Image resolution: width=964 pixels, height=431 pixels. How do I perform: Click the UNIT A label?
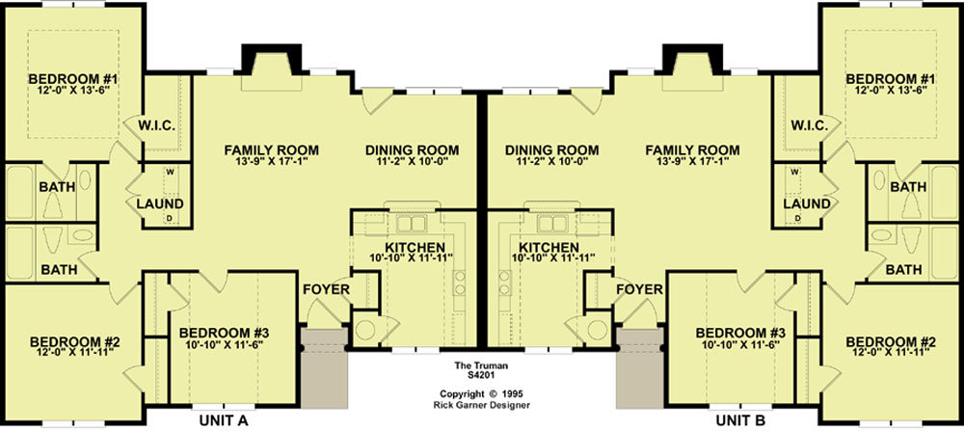point(224,420)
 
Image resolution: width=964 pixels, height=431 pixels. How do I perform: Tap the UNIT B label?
point(740,420)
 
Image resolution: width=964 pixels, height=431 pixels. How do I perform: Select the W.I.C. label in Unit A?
point(157,126)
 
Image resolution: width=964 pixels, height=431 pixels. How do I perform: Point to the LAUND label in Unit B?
point(807,203)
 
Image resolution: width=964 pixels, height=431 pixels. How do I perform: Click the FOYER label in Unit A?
point(327,289)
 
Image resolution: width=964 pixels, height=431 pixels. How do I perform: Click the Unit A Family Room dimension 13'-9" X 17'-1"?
point(271,161)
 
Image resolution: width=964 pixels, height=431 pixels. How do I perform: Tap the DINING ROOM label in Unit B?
point(551,150)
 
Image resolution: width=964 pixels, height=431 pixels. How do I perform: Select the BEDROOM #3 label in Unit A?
point(225,333)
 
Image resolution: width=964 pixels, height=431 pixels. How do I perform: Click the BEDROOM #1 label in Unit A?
point(73,79)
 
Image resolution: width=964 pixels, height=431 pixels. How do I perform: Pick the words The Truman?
point(472,365)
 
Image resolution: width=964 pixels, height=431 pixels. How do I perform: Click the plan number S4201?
point(472,374)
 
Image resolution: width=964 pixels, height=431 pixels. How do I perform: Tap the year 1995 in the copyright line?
point(515,393)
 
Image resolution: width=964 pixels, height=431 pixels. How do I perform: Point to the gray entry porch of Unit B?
point(640,367)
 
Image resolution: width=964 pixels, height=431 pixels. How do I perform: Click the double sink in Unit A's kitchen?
point(412,223)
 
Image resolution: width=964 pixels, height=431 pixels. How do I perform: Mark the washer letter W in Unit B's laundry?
point(794,172)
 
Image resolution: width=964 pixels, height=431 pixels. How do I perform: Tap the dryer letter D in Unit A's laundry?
point(169,218)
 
